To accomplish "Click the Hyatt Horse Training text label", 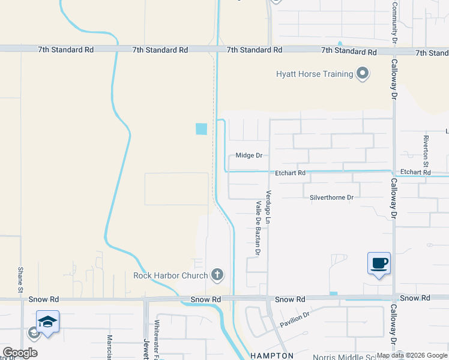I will coord(314,74).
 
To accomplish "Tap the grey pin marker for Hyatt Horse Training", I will coord(363,74).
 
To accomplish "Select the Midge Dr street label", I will coord(249,155).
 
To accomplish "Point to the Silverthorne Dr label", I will coord(331,197).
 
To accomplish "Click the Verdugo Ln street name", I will coord(268,208).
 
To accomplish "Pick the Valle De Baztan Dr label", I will coord(258,229).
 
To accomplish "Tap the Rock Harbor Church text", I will coord(170,276).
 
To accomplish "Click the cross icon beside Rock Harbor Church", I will coord(217,275).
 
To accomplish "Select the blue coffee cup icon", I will coord(379,263).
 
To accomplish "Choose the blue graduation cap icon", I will coord(47,321).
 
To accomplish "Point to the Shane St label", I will coord(20,280).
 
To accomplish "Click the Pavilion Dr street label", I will coord(295,319).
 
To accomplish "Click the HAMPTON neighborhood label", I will coord(271,356).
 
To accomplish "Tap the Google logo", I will coord(20,353).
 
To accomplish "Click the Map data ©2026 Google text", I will coord(412,356).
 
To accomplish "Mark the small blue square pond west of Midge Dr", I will coord(201,128).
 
